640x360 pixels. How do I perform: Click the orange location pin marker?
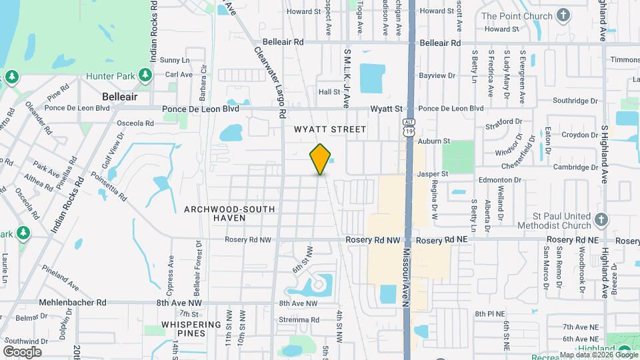tap(321, 158)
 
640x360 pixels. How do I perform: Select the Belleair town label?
tap(120, 97)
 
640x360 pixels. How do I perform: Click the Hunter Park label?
tap(110, 76)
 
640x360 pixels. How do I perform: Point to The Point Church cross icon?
tap(563, 15)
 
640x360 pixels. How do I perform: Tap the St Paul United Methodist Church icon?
tap(601, 219)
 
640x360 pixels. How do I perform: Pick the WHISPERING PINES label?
tap(191, 329)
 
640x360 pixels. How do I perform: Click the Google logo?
tap(22, 351)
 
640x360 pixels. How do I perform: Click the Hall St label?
tap(329, 92)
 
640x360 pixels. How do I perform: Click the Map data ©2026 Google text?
tap(598, 355)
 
